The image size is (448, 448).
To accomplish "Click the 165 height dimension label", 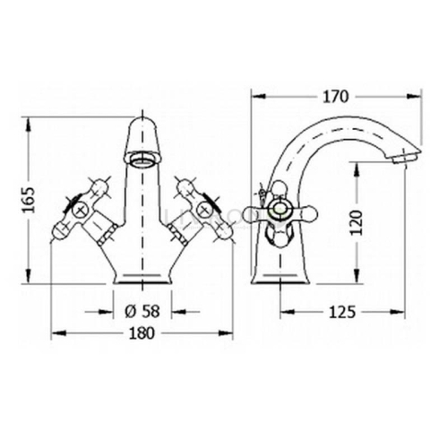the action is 30,200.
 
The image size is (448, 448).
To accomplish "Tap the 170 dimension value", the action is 335,97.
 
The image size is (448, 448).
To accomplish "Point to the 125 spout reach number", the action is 342,312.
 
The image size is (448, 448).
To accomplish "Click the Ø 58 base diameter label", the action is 142,312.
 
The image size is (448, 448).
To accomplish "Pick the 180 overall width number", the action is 142,333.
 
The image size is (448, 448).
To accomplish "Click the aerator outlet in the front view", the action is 142,158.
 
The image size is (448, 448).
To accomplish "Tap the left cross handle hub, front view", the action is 79,209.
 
